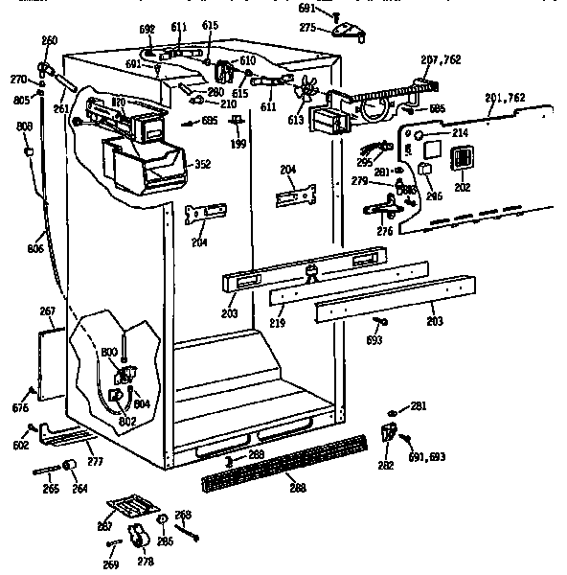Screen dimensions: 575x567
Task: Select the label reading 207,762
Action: click(x=441, y=59)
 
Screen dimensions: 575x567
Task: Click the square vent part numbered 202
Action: click(x=463, y=164)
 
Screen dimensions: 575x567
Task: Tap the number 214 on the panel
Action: click(x=460, y=132)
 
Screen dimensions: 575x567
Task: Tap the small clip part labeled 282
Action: click(x=390, y=431)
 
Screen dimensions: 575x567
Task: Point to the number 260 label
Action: click(x=49, y=40)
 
